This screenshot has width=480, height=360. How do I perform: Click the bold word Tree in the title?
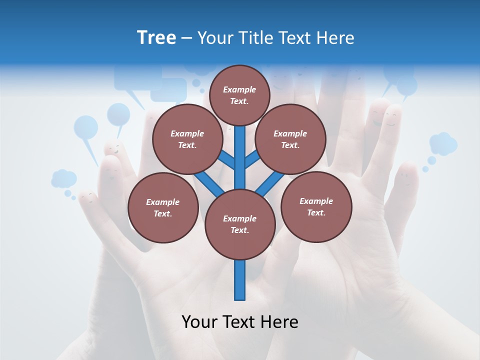pyautogui.click(x=156, y=38)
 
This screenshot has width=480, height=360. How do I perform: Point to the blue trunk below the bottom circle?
pyautogui.click(x=240, y=280)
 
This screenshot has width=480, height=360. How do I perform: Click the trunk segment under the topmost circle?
pyautogui.click(x=240, y=150)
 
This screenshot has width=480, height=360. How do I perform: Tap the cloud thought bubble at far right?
pyautogui.click(x=443, y=143)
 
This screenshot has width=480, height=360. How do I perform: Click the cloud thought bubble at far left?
pyautogui.click(x=63, y=178)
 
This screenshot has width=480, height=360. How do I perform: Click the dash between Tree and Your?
pyautogui.click(x=186, y=38)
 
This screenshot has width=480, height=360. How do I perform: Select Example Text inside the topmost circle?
pyautogui.click(x=239, y=95)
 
